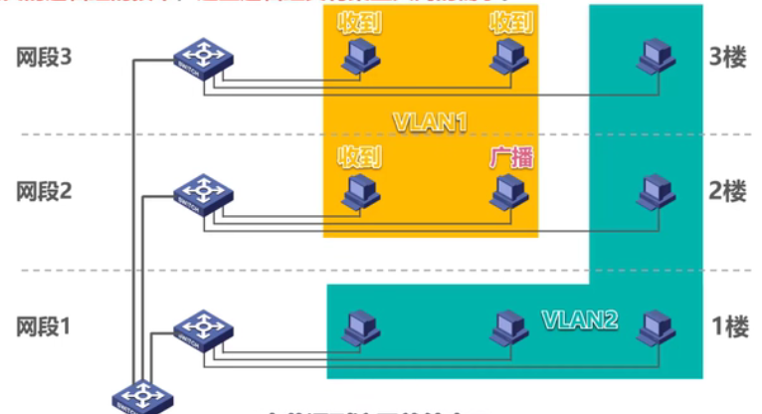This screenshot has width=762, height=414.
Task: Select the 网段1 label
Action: coord(45,326)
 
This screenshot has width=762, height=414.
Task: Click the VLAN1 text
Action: coord(430,122)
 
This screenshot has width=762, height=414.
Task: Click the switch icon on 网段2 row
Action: coord(202,193)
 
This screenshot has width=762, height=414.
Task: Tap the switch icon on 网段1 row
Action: coord(202,328)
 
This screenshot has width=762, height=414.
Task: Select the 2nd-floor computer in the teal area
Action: coord(654,191)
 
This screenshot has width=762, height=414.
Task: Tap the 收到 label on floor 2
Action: coord(359,156)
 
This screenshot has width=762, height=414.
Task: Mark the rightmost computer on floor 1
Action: coord(655,326)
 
